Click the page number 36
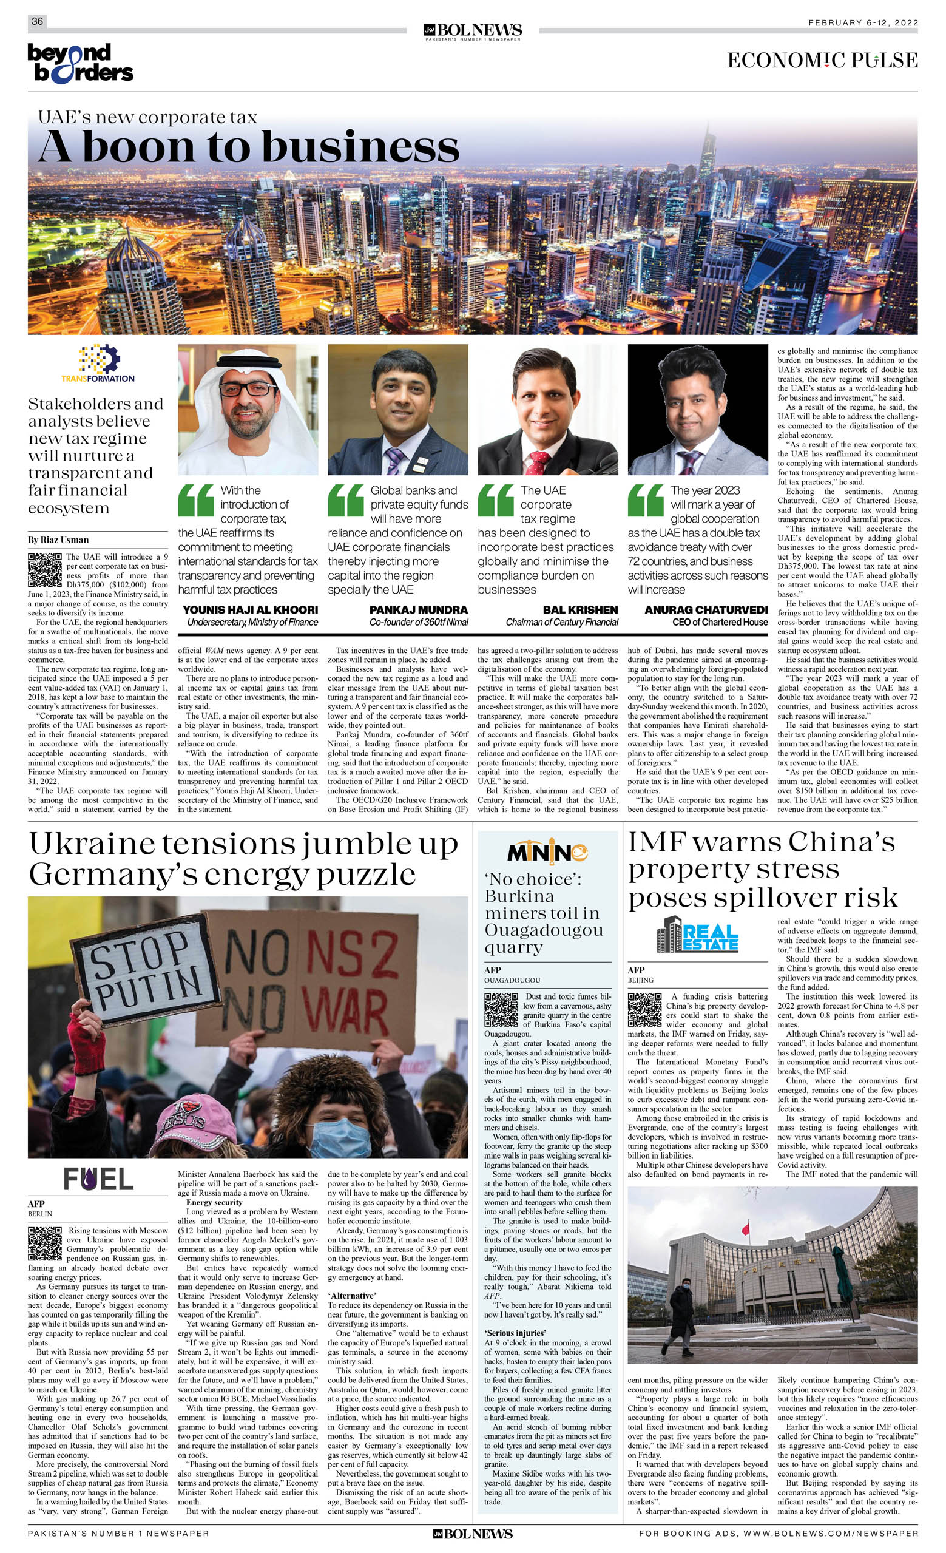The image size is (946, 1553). (37, 21)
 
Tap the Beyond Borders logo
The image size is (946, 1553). (80, 63)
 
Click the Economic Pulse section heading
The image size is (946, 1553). (822, 61)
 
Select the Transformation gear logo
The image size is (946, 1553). (99, 360)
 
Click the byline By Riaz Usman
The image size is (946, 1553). (58, 540)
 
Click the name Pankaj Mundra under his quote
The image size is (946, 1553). (419, 609)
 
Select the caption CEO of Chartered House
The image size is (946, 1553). (720, 622)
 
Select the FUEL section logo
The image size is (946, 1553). (98, 1179)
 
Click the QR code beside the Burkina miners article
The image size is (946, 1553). (501, 1009)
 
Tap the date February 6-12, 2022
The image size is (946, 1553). (863, 22)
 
